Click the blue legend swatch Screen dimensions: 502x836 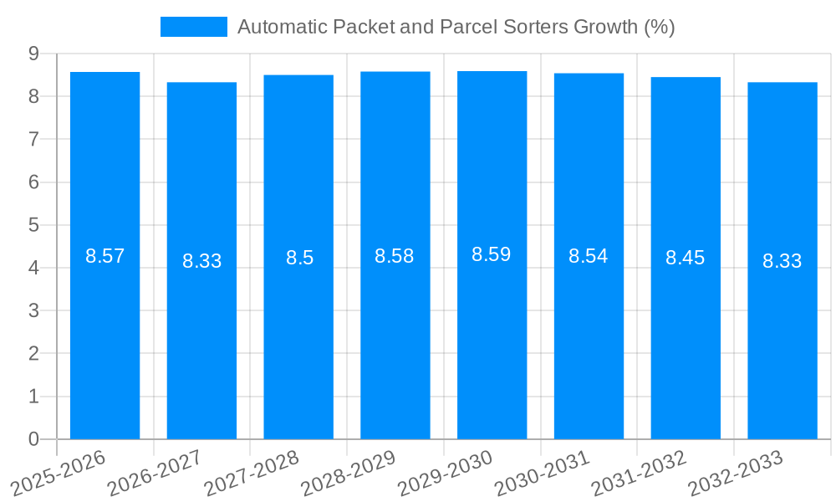193,27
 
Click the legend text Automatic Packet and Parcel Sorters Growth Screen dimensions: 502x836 456,27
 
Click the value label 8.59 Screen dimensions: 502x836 491,255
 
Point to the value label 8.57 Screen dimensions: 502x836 104,256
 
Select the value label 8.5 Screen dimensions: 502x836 299,258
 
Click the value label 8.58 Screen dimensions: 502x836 394,256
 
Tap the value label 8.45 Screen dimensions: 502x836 685,258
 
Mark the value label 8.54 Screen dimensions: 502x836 588,256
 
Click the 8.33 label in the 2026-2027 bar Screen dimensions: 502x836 201,261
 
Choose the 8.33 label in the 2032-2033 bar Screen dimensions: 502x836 782,261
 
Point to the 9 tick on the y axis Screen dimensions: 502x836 33,54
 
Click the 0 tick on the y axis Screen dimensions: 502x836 33,439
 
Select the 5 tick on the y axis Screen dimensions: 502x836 33,225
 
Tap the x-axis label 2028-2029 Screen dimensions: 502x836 348,473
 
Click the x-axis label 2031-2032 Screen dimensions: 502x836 639,473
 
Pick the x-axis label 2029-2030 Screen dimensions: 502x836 445,473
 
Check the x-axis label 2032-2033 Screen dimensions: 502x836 736,473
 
